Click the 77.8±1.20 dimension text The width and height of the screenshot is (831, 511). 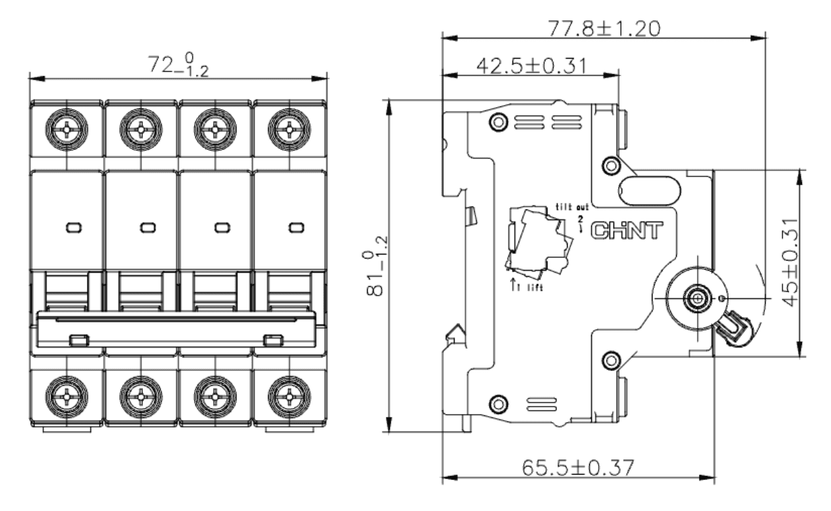(x=604, y=29)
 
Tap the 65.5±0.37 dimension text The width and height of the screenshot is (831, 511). (x=578, y=468)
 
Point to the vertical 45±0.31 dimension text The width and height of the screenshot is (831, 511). (x=790, y=263)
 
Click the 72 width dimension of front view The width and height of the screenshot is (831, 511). (x=178, y=65)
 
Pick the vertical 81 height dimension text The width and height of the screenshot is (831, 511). (x=376, y=266)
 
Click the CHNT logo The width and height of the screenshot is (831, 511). (x=626, y=231)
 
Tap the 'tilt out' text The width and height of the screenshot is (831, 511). (x=572, y=207)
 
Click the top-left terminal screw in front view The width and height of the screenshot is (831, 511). (x=67, y=130)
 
